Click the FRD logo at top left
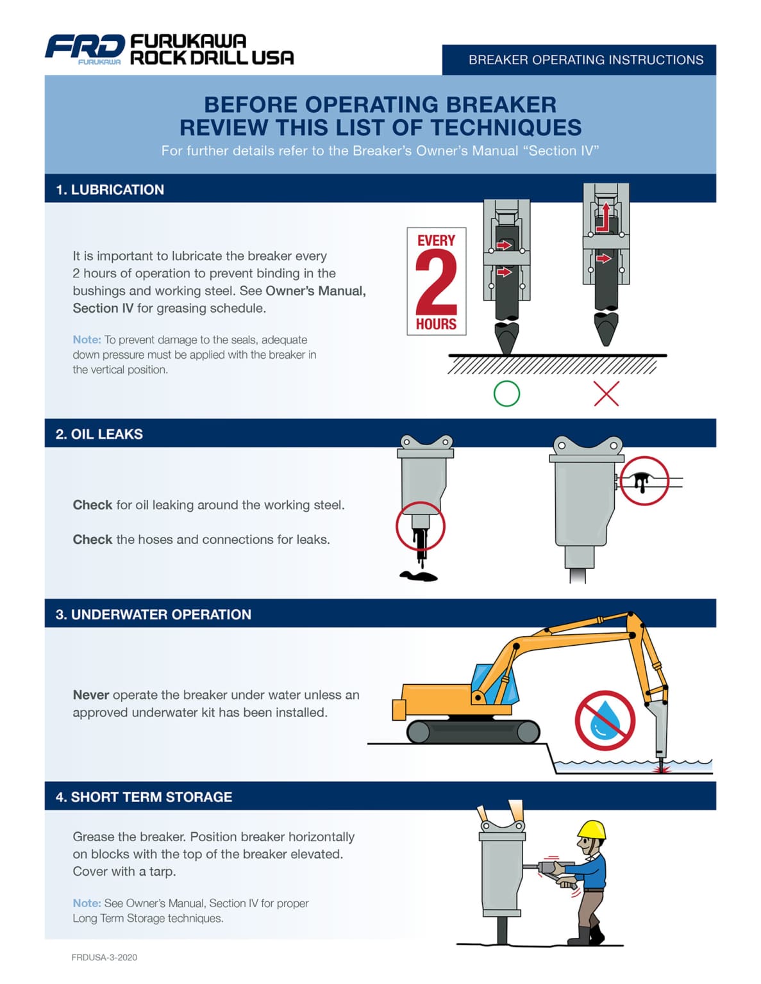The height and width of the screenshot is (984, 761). click(x=84, y=48)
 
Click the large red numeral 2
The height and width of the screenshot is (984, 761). click(x=436, y=282)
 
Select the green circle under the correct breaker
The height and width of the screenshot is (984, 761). click(x=506, y=393)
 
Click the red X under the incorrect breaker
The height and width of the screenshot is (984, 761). click(x=606, y=393)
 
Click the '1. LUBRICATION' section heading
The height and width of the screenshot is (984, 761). click(x=110, y=190)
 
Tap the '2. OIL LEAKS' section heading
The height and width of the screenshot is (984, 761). click(x=99, y=434)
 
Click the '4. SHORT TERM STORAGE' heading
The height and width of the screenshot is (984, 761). click(x=144, y=797)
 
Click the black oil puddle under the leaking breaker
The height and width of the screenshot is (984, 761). click(x=419, y=576)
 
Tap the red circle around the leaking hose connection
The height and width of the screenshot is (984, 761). click(x=644, y=480)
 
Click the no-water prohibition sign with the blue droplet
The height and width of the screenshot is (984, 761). click(x=604, y=720)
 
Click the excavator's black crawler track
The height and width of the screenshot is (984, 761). click(x=473, y=731)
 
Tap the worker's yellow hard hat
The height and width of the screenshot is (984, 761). click(x=592, y=830)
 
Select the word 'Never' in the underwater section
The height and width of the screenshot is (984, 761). click(x=90, y=695)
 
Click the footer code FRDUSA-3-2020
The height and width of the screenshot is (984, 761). click(x=104, y=957)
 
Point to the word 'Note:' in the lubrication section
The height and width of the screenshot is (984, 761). click(x=87, y=340)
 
